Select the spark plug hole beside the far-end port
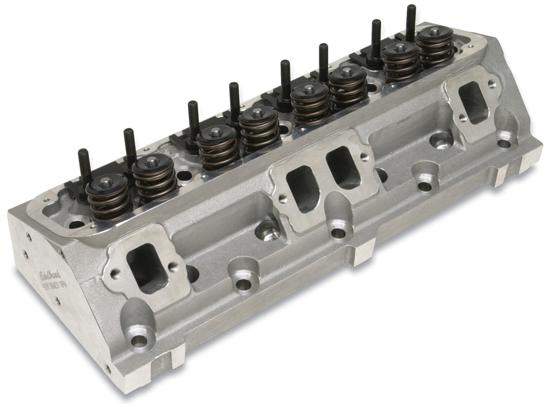pyautogui.click(x=443, y=139)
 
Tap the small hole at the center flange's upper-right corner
pyautogui.click(x=365, y=148)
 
